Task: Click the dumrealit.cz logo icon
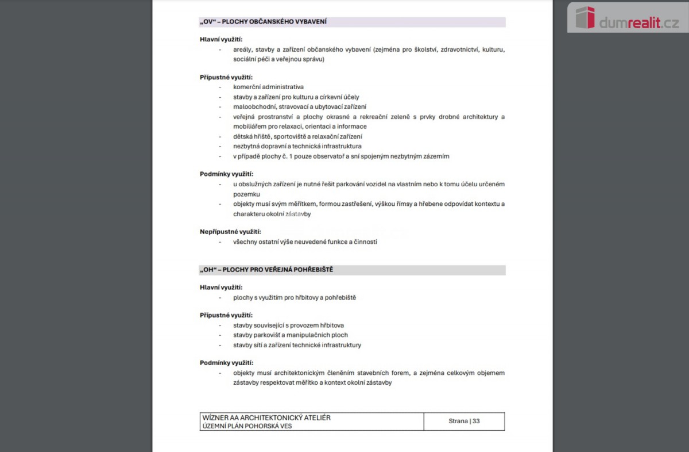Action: [585, 18]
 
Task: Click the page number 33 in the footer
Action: [476, 421]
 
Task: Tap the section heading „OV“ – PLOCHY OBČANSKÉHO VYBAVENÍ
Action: [264, 22]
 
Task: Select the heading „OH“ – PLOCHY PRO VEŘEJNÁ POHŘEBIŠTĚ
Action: [266, 270]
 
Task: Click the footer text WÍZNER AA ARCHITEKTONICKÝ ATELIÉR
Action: [266, 417]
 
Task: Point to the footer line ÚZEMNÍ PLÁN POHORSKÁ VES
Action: [247, 426]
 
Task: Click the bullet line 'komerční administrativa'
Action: [268, 87]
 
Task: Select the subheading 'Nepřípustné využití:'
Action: [230, 232]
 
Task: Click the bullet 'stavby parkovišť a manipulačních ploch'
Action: [290, 335]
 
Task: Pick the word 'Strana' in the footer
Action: [458, 421]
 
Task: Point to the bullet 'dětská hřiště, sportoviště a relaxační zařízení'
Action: [297, 137]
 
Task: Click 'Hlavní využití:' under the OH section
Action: [221, 288]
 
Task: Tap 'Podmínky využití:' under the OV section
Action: [226, 174]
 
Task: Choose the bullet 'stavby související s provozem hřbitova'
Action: [288, 325]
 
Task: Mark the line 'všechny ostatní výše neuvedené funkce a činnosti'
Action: [305, 242]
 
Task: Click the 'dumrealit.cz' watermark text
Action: [638, 23]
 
